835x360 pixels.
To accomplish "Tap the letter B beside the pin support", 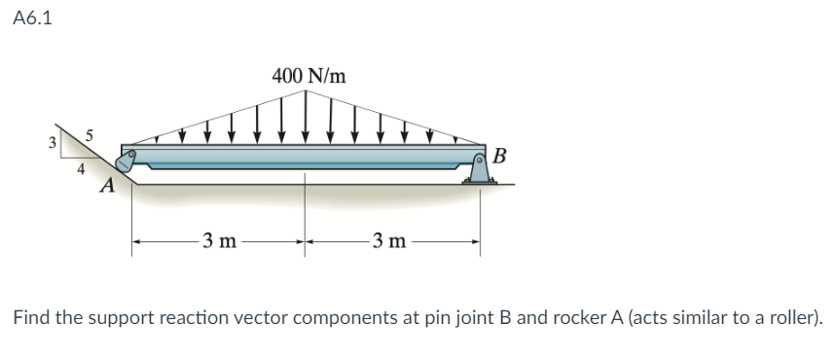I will coord(500,156).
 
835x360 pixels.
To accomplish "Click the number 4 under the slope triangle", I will coord(82,168).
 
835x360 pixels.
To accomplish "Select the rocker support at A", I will coord(125,163).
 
